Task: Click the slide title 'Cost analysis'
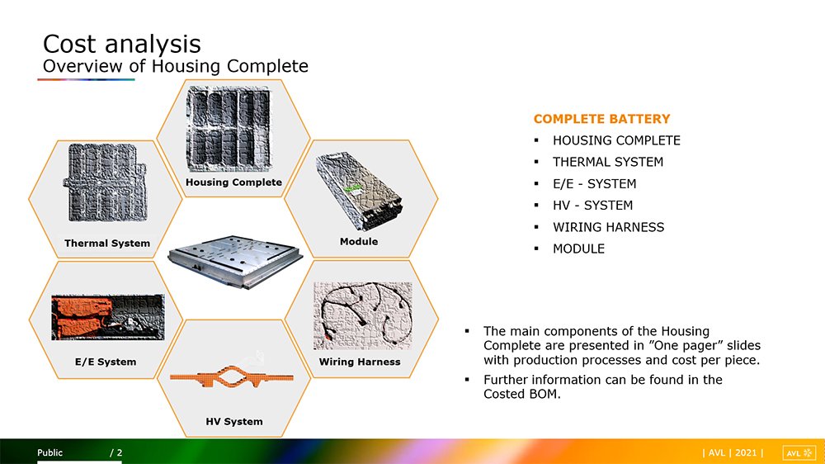(x=121, y=44)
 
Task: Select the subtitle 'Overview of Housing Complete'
(x=175, y=66)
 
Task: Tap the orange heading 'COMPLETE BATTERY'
(x=602, y=119)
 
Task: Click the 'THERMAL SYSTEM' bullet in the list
(x=608, y=162)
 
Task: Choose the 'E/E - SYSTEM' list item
(x=595, y=184)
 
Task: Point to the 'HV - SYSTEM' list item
(x=593, y=206)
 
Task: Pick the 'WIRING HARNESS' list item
(x=608, y=227)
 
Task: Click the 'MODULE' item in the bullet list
(x=579, y=249)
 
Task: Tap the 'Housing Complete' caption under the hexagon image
(x=233, y=182)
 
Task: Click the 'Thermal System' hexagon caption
(x=107, y=244)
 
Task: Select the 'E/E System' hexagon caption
(x=106, y=362)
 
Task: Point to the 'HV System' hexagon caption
(x=234, y=421)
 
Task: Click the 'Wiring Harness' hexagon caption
(x=360, y=362)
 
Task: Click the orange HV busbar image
(x=232, y=377)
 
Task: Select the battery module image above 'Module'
(x=360, y=192)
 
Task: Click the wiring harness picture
(x=363, y=316)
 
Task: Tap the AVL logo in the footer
(x=799, y=453)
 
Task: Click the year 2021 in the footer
(x=746, y=453)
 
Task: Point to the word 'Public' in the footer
(x=50, y=452)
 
